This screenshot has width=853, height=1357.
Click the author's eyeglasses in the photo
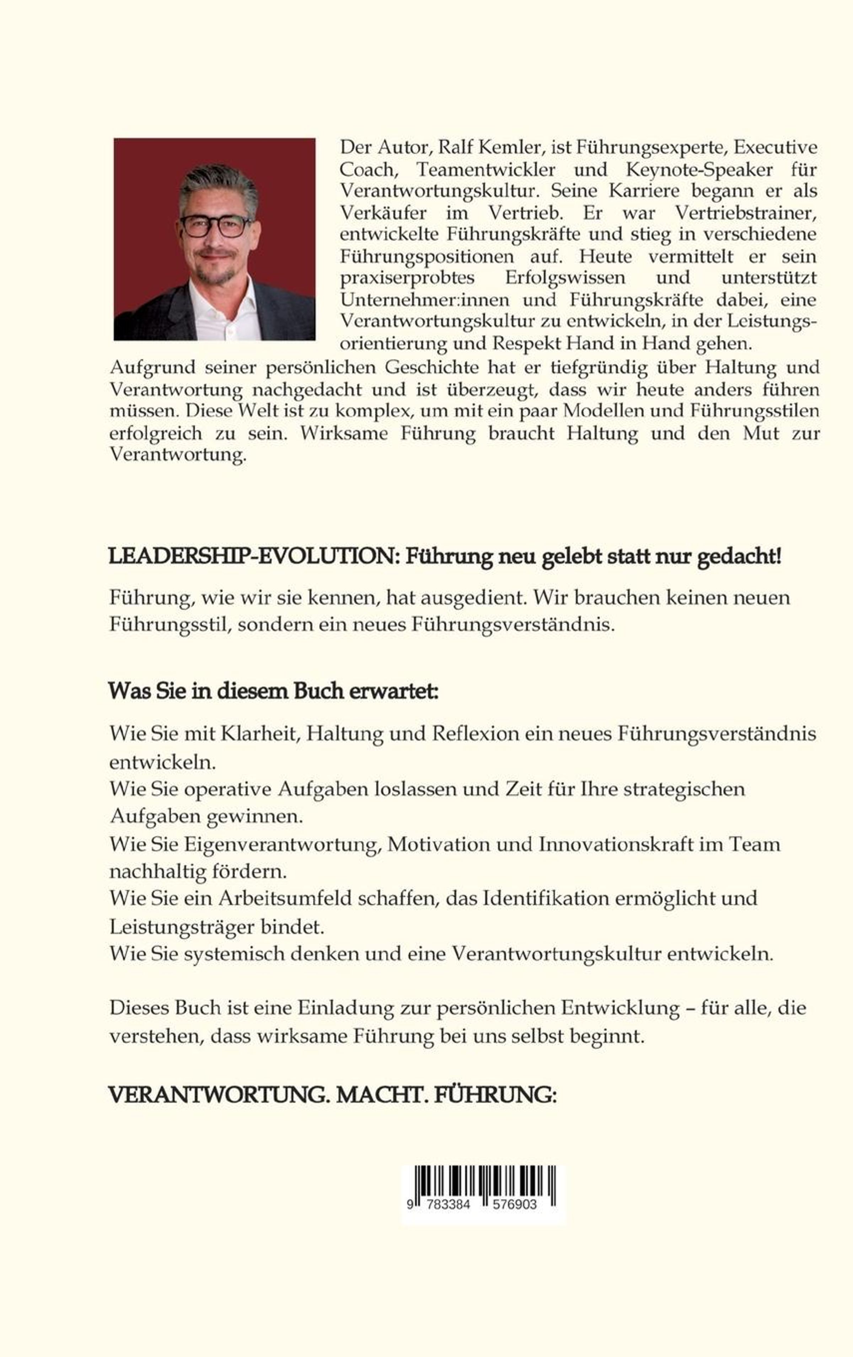[x=215, y=226]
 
